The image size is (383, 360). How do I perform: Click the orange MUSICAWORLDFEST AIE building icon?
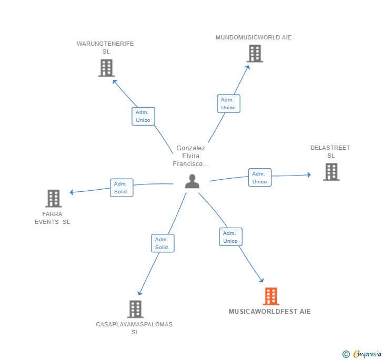[271, 296]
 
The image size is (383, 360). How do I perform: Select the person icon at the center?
[192, 181]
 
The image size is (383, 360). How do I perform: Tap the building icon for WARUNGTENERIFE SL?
[106, 68]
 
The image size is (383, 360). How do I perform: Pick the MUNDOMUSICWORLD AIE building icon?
[255, 54]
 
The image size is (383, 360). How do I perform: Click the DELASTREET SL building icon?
[331, 172]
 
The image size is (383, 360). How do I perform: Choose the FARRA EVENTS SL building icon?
[54, 199]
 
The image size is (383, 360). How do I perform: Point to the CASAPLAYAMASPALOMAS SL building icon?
[135, 309]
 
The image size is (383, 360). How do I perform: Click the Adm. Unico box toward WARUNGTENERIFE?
[143, 117]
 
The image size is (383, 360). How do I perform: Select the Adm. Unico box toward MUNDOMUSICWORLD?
[229, 104]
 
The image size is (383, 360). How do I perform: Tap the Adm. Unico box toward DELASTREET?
[260, 178]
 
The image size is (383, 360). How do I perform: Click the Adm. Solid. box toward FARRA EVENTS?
[122, 188]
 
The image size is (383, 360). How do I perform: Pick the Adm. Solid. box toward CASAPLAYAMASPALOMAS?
[163, 243]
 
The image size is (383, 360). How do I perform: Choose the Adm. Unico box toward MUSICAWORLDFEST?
[230, 236]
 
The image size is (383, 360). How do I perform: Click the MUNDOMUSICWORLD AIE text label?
[254, 37]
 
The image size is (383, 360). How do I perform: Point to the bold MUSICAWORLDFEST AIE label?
[270, 312]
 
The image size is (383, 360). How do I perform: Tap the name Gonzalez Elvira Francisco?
[191, 156]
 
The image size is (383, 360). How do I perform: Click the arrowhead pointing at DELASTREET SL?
[309, 175]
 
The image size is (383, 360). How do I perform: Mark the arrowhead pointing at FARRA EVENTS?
[72, 192]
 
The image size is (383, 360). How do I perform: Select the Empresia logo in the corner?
[362, 354]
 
